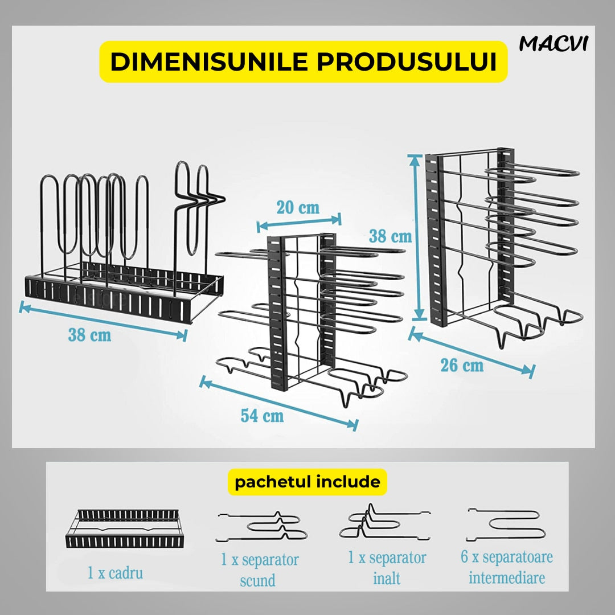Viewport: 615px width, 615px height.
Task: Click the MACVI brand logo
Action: (553, 43)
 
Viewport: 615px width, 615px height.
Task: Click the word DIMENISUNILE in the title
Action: (208, 61)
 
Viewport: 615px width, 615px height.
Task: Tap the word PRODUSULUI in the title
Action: (407, 61)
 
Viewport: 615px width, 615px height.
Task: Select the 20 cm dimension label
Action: (298, 207)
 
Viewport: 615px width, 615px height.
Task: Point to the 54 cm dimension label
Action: (262, 415)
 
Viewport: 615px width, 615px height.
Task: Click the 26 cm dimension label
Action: (462, 365)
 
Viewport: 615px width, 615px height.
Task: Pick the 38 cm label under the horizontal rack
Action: (89, 335)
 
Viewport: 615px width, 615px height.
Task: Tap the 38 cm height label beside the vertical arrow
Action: (390, 236)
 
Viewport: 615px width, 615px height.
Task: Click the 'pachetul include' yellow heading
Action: (307, 482)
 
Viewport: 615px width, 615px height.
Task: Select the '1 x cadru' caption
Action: (115, 573)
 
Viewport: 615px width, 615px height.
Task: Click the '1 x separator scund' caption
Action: (259, 570)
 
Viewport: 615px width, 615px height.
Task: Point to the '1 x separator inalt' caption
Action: (387, 568)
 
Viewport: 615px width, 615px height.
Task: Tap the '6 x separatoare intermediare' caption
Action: (507, 567)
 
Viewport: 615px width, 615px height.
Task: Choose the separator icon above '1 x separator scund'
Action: (261, 526)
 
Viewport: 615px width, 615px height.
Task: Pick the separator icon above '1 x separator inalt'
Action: (384, 521)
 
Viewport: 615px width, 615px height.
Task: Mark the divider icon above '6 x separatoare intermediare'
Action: (506, 524)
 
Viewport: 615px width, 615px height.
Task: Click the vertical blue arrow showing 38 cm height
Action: (419, 237)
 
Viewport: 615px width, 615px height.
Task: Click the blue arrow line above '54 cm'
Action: (278, 403)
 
